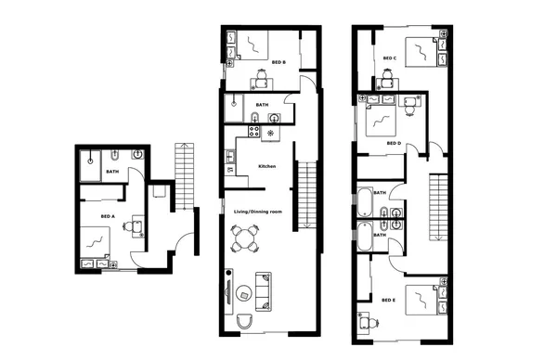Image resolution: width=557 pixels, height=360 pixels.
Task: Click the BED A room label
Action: pyautogui.click(x=107, y=216)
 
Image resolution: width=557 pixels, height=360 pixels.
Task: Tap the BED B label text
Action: pyautogui.click(x=278, y=62)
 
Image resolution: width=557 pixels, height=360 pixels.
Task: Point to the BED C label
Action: pyautogui.click(x=390, y=58)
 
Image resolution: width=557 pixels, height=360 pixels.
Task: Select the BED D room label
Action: pyautogui.click(x=393, y=144)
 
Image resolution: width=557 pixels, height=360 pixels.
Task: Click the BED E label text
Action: pyautogui.click(x=389, y=300)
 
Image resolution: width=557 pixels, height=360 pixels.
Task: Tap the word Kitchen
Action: pyautogui.click(x=267, y=166)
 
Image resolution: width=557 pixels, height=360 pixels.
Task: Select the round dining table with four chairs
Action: pyautogui.click(x=247, y=240)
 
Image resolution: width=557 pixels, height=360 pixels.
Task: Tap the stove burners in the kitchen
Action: pyautogui.click(x=270, y=134)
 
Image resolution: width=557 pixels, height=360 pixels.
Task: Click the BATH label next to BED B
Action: pyautogui.click(x=262, y=106)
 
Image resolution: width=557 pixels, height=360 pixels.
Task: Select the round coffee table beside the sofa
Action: pyautogui.click(x=245, y=295)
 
